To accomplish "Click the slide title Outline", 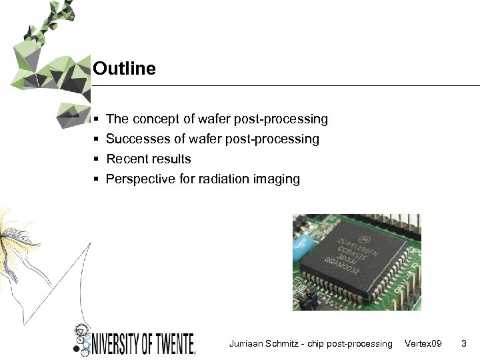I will tap(124, 69).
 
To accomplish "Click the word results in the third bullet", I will tap(171, 159).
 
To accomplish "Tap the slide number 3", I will tap(464, 344).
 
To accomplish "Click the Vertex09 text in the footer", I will tap(423, 344).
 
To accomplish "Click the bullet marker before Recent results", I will tap(97, 159).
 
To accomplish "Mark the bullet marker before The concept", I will tap(97, 119).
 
